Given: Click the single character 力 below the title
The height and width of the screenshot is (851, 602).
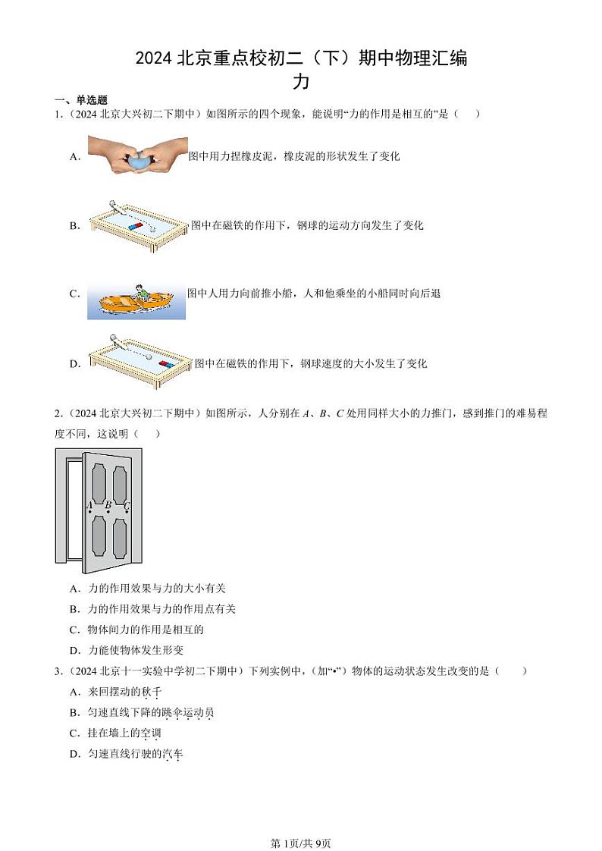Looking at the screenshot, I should (301, 81).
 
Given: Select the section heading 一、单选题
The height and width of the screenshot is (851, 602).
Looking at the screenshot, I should (80, 100).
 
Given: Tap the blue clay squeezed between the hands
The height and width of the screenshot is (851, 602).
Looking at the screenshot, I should (138, 160).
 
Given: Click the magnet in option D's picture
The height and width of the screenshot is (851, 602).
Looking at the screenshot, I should (166, 364).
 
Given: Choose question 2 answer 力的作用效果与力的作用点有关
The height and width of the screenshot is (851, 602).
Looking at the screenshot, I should (161, 609).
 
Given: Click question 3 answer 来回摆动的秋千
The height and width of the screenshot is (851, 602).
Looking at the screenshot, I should (125, 692).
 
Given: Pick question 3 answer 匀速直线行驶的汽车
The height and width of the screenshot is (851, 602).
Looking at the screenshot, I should (136, 753).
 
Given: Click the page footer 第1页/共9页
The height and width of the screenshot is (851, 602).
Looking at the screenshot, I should (301, 822).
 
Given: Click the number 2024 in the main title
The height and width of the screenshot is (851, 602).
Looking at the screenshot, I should (154, 58).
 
